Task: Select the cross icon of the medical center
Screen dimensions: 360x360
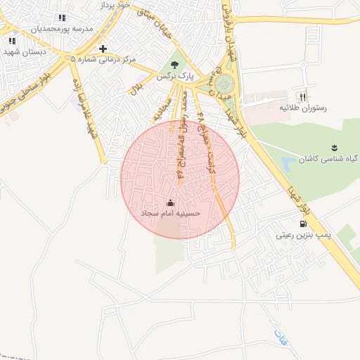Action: tap(103, 49)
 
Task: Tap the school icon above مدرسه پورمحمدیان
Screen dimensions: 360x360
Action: tap(62, 18)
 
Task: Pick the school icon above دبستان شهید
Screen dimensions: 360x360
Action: tap(12, 41)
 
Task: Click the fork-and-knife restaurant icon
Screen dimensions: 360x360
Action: tap(303, 97)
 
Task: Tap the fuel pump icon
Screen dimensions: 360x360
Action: tap(303, 226)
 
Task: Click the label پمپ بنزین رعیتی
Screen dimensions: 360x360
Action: tap(304, 237)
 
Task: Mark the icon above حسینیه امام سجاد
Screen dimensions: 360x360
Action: tap(171, 202)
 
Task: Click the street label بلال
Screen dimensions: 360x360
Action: tap(137, 88)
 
